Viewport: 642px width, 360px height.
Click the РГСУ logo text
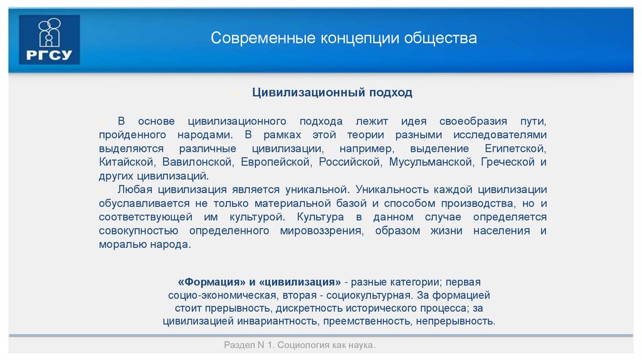pos(49,55)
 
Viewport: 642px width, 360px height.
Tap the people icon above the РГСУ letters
pos(49,32)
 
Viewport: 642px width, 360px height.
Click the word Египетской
pos(515,149)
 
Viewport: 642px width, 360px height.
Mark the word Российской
pos(350,162)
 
